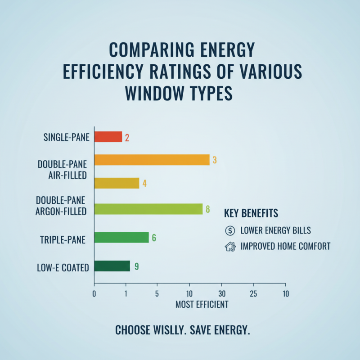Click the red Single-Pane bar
click(108, 137)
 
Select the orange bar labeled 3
click(152, 160)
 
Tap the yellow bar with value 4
click(117, 183)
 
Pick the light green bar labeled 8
click(148, 209)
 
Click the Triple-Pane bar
click(121, 238)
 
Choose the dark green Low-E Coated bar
click(112, 266)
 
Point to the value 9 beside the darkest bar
click(136, 266)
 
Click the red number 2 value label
click(127, 137)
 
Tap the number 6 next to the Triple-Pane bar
click(154, 238)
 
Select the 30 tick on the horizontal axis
click(221, 294)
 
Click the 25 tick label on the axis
click(253, 294)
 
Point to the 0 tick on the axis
click(94, 294)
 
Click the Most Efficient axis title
click(202, 305)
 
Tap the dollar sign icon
click(229, 231)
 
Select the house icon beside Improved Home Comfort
click(229, 246)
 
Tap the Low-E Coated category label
click(63, 268)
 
